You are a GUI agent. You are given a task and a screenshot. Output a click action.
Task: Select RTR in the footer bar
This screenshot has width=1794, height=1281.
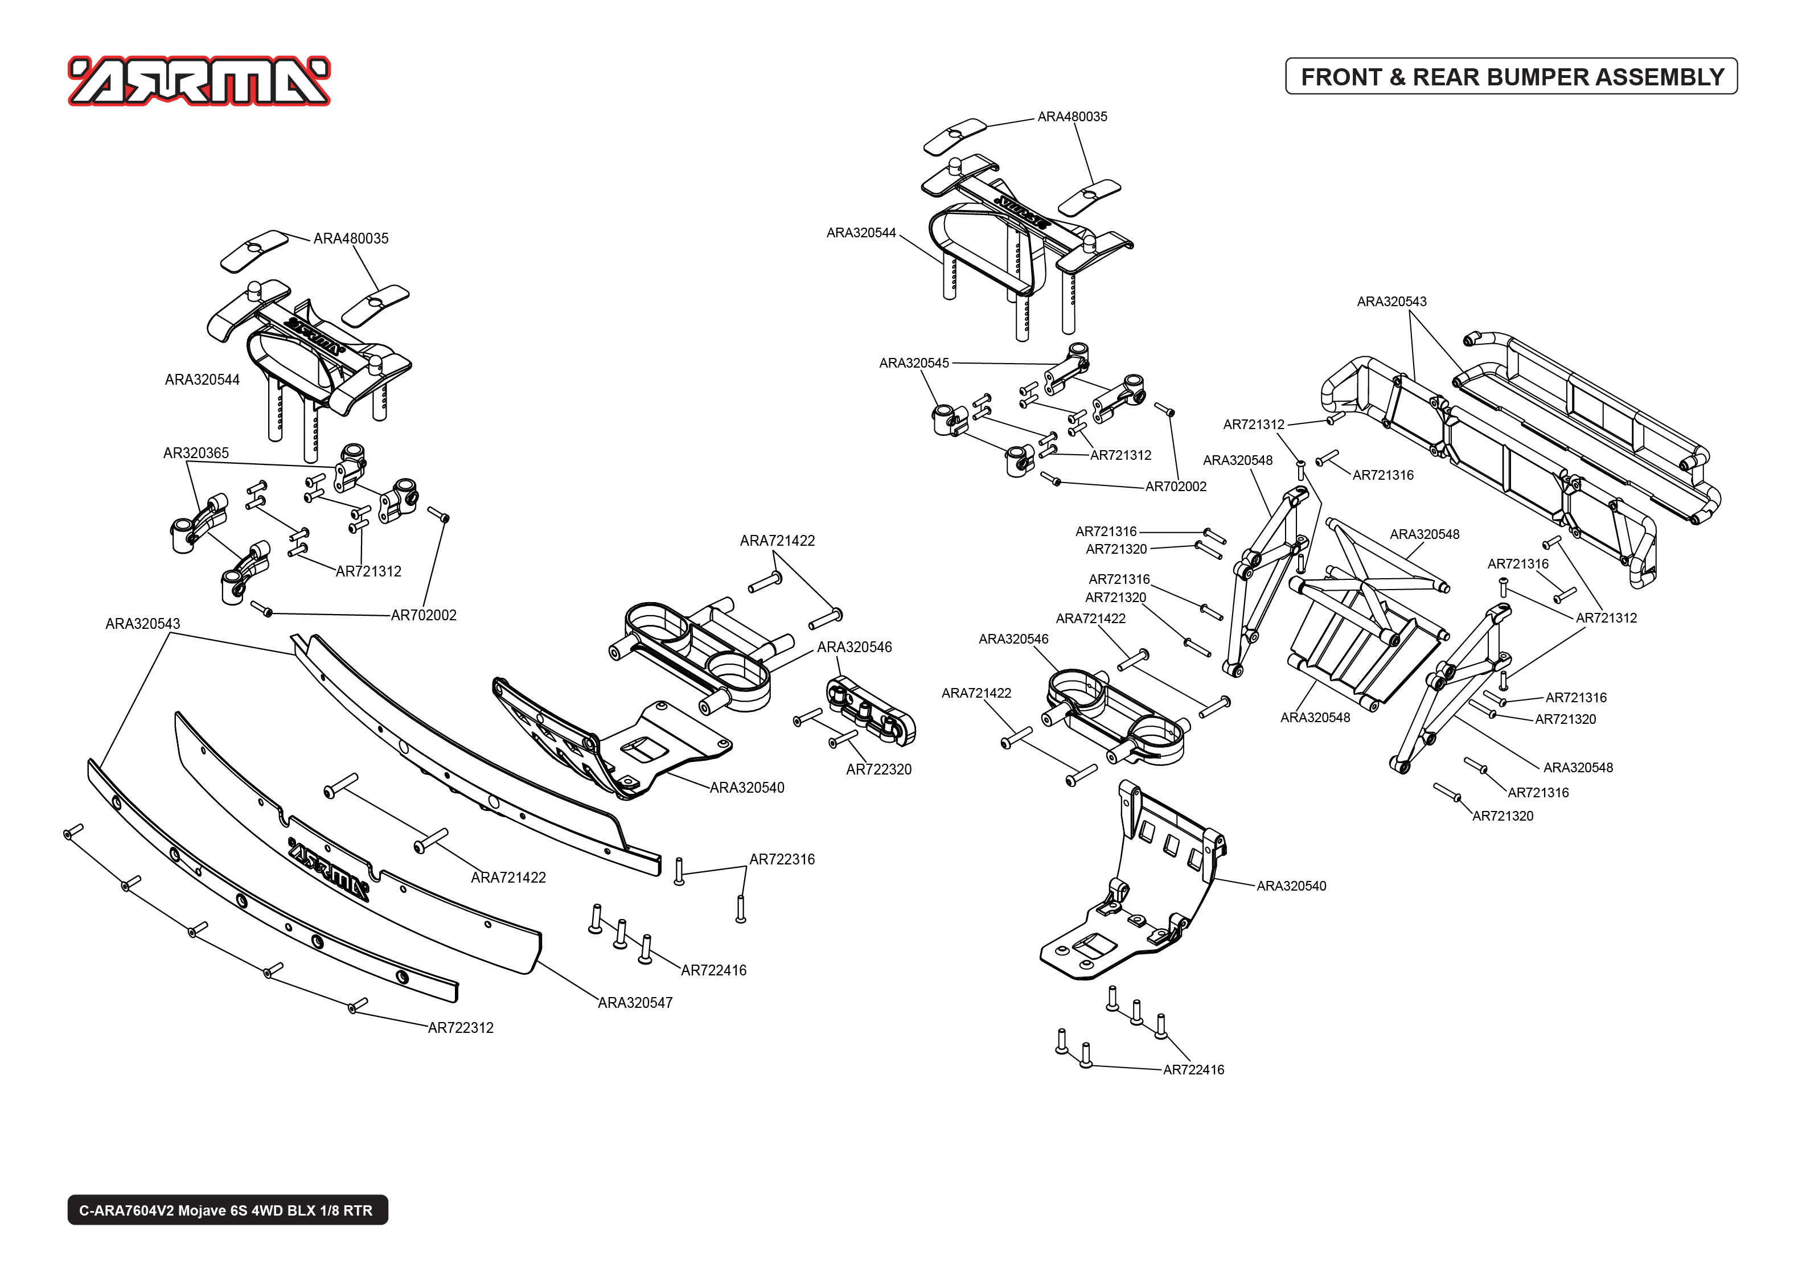(x=358, y=1210)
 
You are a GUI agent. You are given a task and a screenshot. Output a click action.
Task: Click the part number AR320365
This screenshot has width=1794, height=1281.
(x=196, y=453)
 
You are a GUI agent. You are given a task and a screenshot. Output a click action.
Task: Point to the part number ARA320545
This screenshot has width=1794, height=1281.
(x=914, y=363)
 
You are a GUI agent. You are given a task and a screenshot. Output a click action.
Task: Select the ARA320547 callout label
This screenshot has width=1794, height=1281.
(x=635, y=1003)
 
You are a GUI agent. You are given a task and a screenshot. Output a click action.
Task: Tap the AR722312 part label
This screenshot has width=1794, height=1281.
(x=460, y=1028)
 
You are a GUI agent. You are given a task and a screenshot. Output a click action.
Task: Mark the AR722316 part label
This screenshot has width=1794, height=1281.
(x=782, y=859)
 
